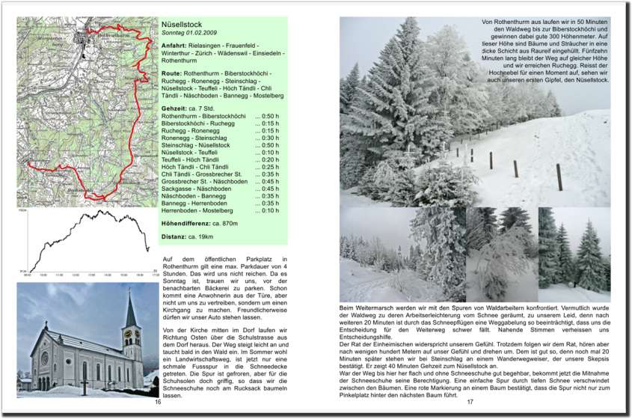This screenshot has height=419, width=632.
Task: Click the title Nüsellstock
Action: click(182, 25)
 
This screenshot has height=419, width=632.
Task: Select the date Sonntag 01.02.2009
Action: click(190, 34)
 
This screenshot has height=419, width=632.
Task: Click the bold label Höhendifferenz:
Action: click(186, 224)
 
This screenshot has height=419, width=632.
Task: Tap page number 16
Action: click(158, 403)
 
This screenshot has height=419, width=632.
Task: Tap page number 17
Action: click(470, 403)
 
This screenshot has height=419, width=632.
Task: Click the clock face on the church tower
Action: click(128, 334)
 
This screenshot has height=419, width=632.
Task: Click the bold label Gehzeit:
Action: click(174, 109)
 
